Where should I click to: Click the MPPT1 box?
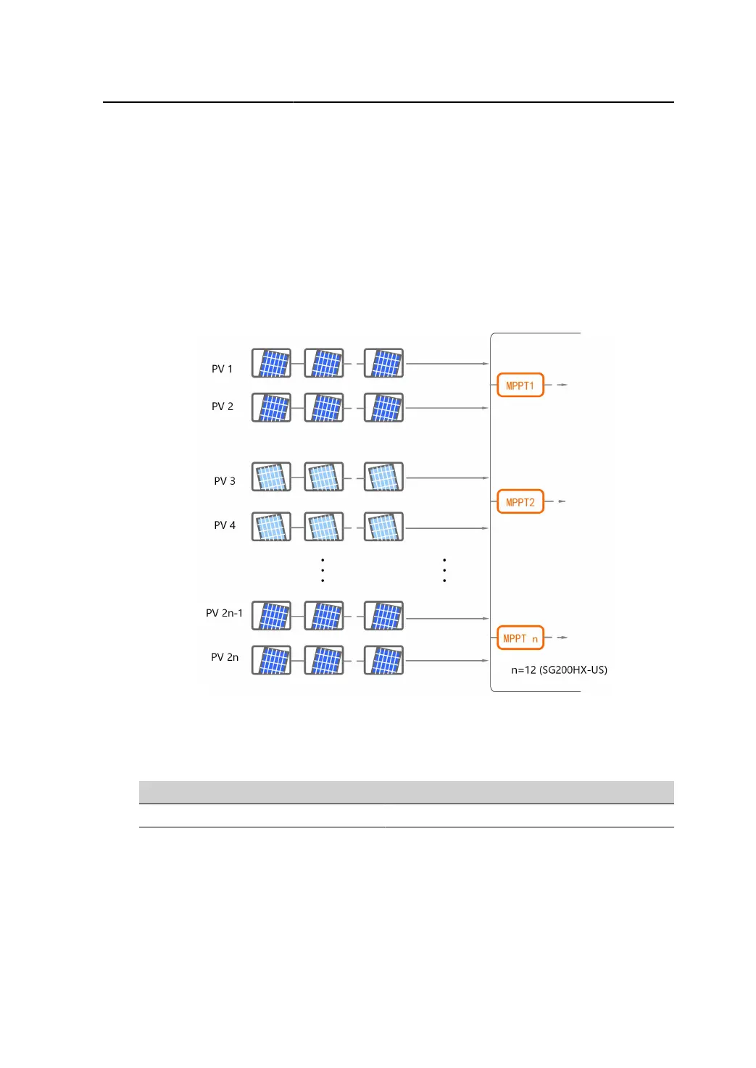pyautogui.click(x=520, y=385)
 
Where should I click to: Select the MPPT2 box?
pyautogui.click(x=520, y=502)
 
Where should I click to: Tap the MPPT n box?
pyautogui.click(x=520, y=638)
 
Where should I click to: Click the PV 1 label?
pyautogui.click(x=222, y=369)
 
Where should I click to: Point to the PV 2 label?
pyautogui.click(x=222, y=406)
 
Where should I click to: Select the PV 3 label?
pyautogui.click(x=224, y=481)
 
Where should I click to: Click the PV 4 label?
pyautogui.click(x=224, y=525)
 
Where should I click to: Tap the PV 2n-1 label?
pyautogui.click(x=224, y=613)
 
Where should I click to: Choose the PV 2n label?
pyautogui.click(x=224, y=657)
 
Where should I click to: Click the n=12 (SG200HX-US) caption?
pyautogui.click(x=559, y=669)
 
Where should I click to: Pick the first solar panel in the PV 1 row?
pyautogui.click(x=271, y=363)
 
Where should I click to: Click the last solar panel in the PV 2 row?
pyautogui.click(x=383, y=408)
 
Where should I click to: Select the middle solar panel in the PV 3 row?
pyautogui.click(x=323, y=477)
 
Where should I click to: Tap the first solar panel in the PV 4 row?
pyautogui.click(x=271, y=527)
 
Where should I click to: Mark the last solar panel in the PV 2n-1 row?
pyautogui.click(x=383, y=617)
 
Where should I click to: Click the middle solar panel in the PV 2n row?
pyautogui.click(x=323, y=661)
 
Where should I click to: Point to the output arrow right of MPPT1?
pyautogui.click(x=562, y=385)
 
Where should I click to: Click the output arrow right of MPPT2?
pyautogui.click(x=562, y=501)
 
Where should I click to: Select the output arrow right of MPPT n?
pyautogui.click(x=562, y=638)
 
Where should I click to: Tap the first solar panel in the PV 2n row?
pyautogui.click(x=271, y=661)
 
